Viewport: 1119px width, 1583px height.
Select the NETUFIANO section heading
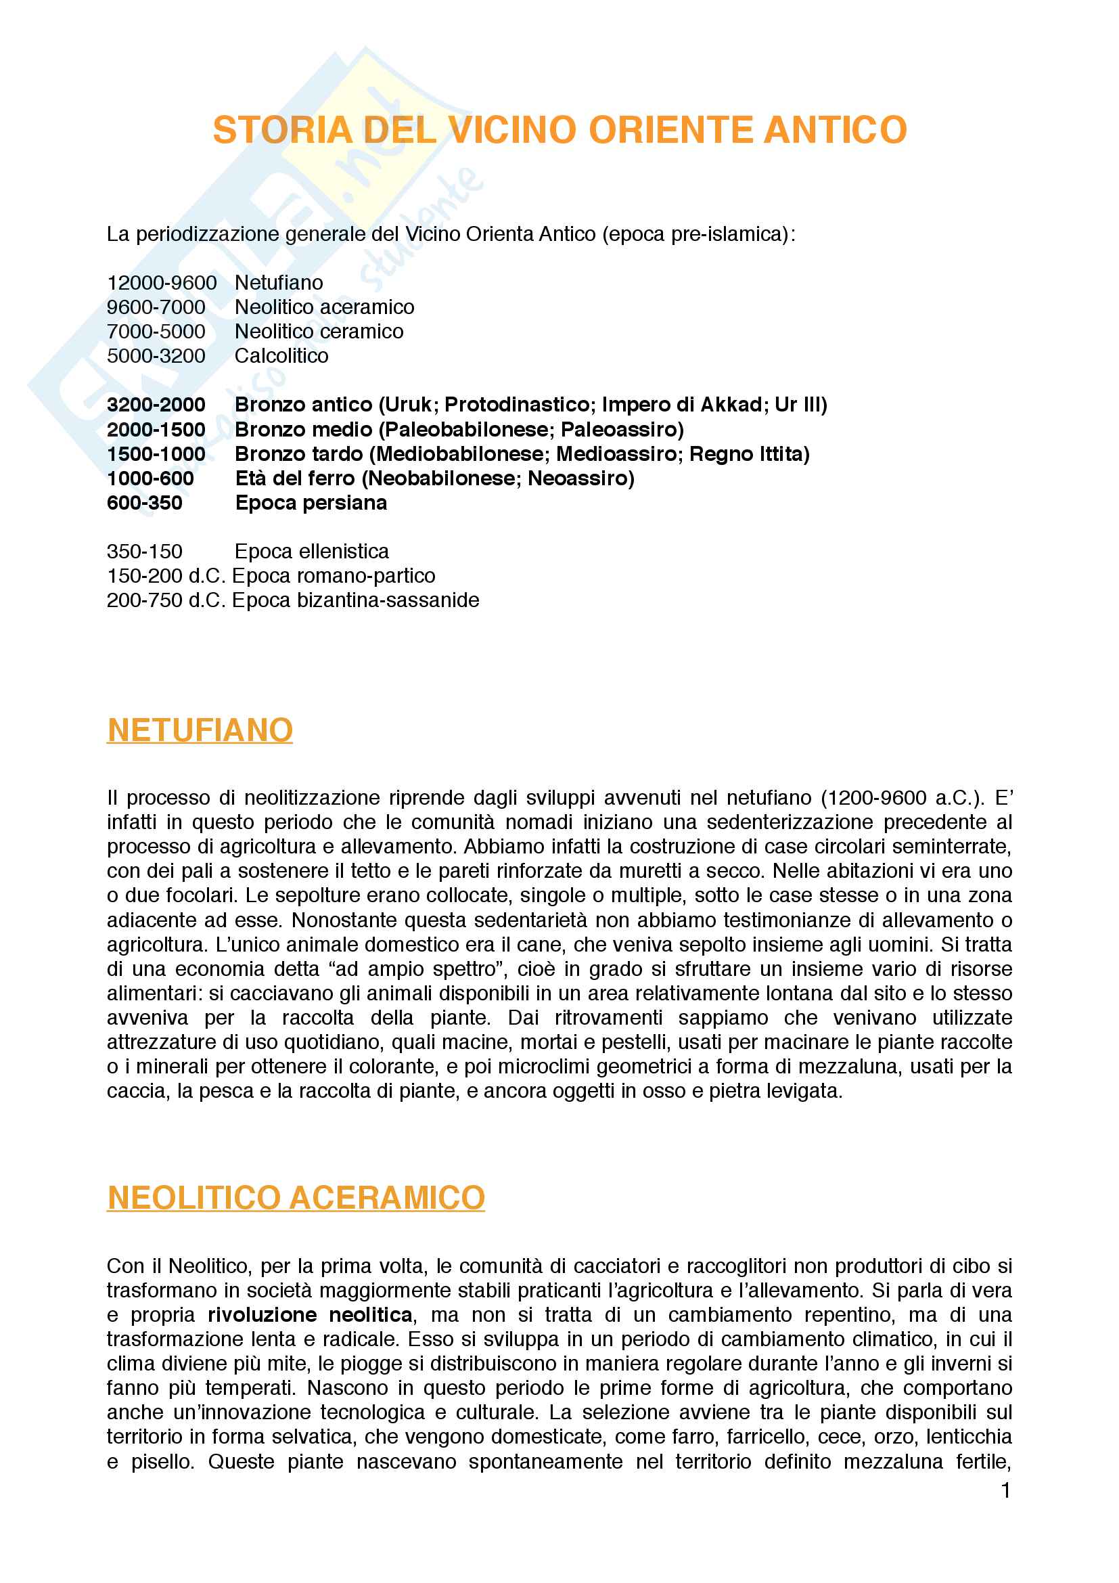click(x=200, y=730)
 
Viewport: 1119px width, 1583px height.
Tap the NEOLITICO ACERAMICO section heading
click(x=296, y=1198)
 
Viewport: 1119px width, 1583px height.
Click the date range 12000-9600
click(x=162, y=283)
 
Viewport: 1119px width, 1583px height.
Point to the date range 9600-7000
click(x=156, y=307)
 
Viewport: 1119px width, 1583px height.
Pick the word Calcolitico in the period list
click(x=281, y=356)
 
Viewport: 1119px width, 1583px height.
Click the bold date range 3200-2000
click(x=156, y=405)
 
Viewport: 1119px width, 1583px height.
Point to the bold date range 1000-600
click(x=150, y=478)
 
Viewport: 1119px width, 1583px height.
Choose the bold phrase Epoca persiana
click(x=311, y=503)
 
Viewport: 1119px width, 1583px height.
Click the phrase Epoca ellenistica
click(x=311, y=552)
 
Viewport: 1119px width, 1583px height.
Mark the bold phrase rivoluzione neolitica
click(x=310, y=1315)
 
